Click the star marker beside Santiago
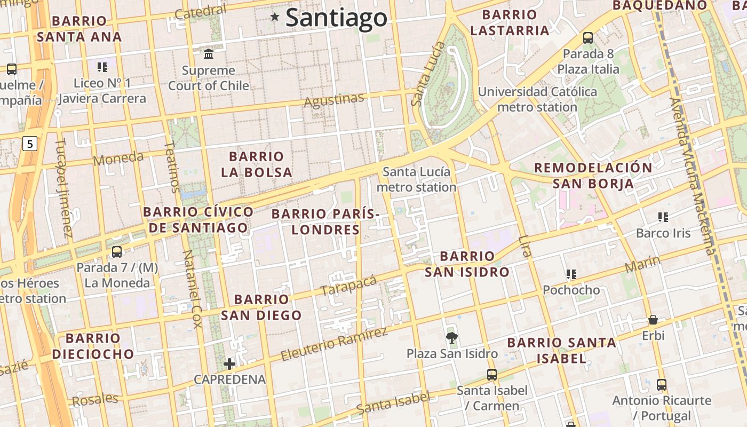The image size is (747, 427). click(275, 17)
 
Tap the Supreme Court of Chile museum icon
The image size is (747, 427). click(209, 54)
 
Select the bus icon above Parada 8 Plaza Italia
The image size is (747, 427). click(588, 37)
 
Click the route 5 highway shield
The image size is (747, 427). click(30, 143)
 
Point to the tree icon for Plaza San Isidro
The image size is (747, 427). click(452, 337)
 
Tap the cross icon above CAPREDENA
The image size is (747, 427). click(229, 364)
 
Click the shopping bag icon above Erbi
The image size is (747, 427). click(653, 320)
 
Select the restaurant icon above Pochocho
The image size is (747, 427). click(571, 274)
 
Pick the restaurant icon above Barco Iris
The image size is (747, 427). click(663, 217)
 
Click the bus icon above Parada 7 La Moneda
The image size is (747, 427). click(117, 251)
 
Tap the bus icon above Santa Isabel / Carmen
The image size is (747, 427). click(492, 374)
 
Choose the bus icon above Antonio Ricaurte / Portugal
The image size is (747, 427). click(662, 384)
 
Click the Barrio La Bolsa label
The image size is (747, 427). click(257, 164)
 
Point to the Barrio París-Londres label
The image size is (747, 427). click(325, 222)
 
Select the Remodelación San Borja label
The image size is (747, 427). click(593, 176)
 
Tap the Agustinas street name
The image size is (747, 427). click(334, 100)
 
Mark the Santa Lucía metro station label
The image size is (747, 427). click(417, 179)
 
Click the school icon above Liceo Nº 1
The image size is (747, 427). click(102, 67)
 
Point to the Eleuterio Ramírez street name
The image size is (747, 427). click(334, 344)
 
